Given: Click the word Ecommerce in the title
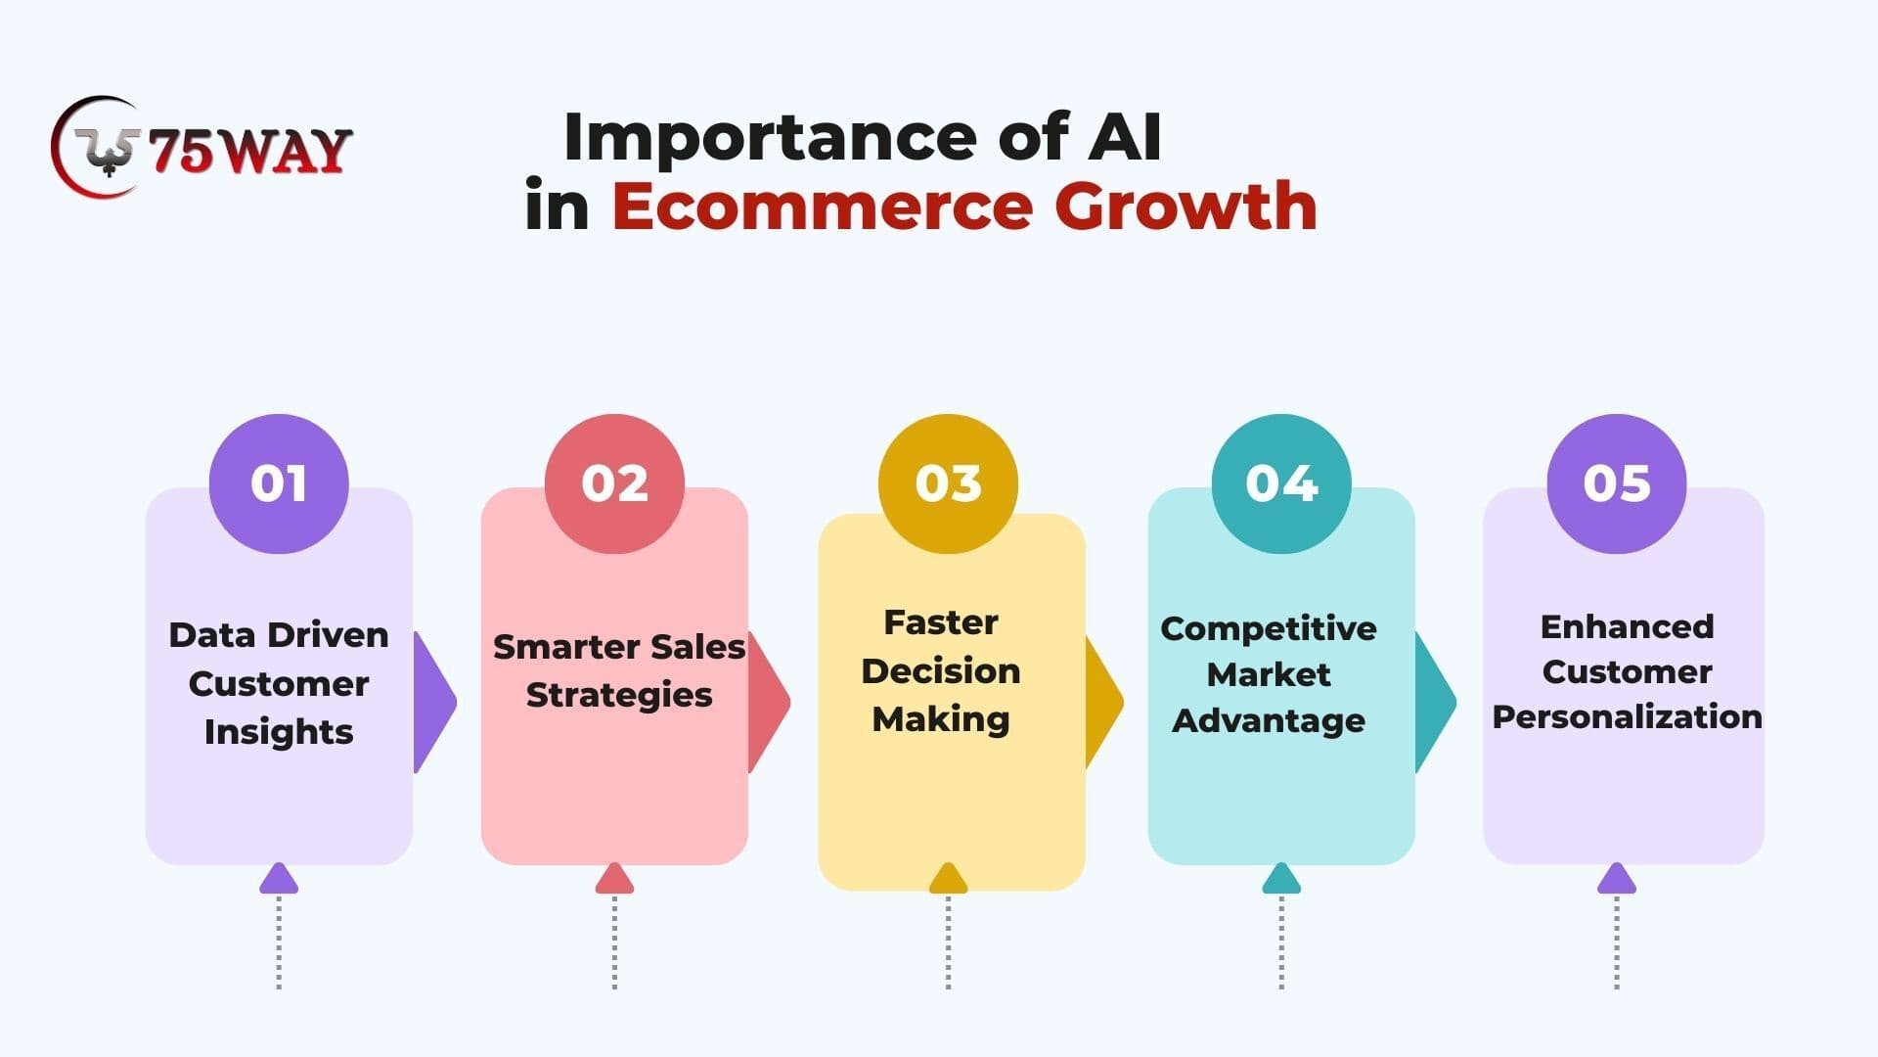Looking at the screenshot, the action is tap(823, 207).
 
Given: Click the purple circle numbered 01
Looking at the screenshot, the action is tap(279, 483).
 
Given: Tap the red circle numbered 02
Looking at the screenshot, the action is tap(614, 483).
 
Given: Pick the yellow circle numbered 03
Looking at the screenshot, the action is tap(948, 483).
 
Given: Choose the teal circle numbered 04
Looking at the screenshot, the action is tap(1281, 483).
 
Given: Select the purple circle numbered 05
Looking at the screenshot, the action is tap(1617, 483).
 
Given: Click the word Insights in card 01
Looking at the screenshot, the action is tap(279, 732).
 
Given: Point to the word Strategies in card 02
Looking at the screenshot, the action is tap(619, 695).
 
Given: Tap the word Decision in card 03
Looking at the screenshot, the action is tap(941, 670).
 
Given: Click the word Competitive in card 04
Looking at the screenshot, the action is tap(1269, 628).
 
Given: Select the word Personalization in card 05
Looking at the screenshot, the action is tap(1628, 716).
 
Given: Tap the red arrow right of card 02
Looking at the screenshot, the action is tap(770, 702).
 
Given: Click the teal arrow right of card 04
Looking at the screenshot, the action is tap(1436, 702).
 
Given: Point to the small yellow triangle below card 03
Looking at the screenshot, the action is tap(948, 879).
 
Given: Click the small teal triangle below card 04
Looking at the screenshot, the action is tap(1281, 879).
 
